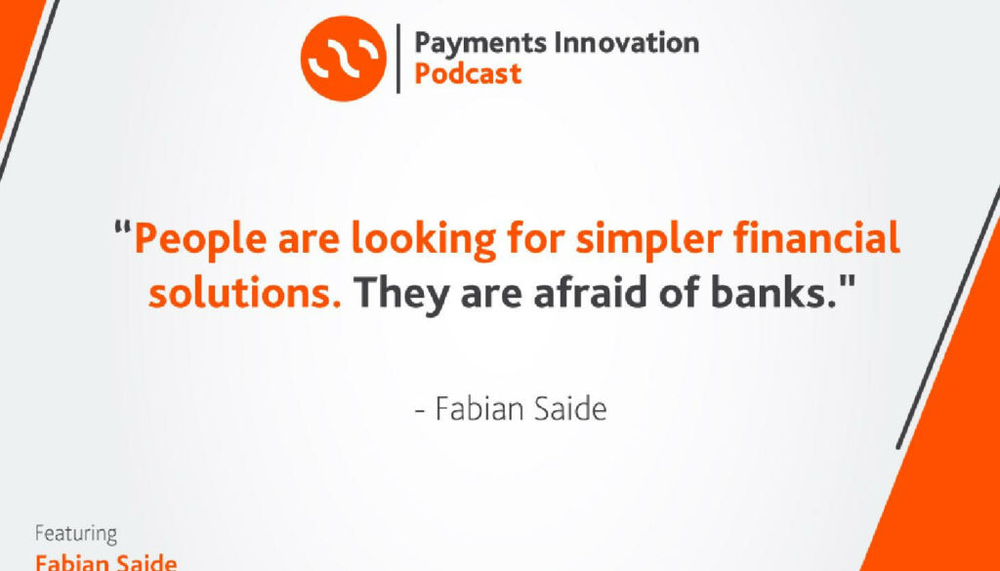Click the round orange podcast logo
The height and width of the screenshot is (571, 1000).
(343, 58)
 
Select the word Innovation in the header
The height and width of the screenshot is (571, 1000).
(627, 42)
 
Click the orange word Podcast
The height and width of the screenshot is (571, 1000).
(468, 73)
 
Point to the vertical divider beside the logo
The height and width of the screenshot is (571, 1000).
(398, 59)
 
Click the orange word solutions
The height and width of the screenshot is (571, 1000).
(244, 293)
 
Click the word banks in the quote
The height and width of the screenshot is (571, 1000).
(776, 293)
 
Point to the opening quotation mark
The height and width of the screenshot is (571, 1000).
(124, 227)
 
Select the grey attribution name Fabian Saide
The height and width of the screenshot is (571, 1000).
(521, 409)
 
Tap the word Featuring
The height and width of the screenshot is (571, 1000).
(76, 534)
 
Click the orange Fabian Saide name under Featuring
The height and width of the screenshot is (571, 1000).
(105, 563)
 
